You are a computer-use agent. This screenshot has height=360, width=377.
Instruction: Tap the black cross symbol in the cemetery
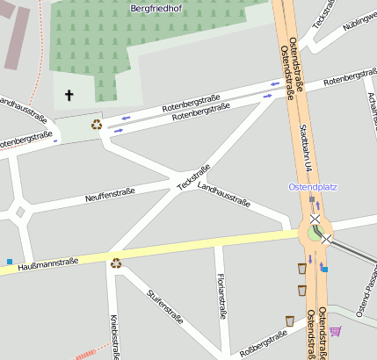70,94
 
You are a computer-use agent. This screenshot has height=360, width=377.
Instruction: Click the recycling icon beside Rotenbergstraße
96,124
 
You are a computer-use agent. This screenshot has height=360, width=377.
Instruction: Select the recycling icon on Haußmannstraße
115,262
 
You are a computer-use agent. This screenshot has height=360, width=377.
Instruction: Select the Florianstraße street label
221,296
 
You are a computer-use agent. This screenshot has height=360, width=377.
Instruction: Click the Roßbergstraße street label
264,343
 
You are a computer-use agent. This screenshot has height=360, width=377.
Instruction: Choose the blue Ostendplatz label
312,187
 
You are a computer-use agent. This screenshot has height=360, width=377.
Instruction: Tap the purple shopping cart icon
335,331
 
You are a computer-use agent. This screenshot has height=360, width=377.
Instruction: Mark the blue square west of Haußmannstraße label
10,262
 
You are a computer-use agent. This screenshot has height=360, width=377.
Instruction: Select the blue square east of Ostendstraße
324,269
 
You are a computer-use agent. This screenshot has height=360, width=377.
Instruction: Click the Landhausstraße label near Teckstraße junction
224,196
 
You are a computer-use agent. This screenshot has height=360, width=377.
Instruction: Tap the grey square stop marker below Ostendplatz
311,199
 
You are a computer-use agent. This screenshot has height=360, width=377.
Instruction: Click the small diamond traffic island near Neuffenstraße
19,211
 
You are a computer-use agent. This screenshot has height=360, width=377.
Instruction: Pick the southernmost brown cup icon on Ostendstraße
289,320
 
